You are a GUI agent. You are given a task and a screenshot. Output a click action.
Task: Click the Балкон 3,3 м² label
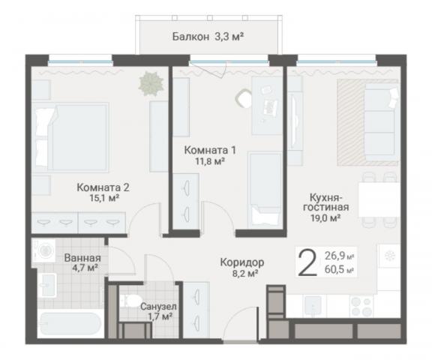[x=208, y=37]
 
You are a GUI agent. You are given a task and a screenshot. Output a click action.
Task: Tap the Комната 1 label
[x=210, y=151]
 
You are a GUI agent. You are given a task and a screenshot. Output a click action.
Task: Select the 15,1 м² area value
[x=104, y=198]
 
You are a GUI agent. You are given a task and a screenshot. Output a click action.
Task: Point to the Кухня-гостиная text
[x=326, y=202]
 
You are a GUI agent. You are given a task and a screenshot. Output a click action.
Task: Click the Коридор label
[x=242, y=262]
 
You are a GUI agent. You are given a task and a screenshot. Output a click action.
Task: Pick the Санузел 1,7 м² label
[x=159, y=311]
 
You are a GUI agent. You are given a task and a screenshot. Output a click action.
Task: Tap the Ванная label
[x=82, y=258]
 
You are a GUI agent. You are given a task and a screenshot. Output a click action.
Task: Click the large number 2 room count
[x=307, y=262]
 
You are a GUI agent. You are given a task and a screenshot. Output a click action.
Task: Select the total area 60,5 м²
[x=339, y=270]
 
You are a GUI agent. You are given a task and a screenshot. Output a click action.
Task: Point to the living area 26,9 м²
[x=339, y=256]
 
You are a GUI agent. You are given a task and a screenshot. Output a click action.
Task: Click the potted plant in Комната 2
[x=151, y=83]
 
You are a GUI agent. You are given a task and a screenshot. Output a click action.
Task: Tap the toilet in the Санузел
[x=130, y=300]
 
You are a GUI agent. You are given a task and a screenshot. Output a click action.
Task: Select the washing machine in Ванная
[x=43, y=250]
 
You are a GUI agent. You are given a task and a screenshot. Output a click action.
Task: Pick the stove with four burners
[x=361, y=306]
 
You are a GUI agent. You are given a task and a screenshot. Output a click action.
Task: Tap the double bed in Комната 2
[x=70, y=137]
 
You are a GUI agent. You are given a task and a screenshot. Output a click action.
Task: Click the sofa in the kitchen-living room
[x=382, y=121]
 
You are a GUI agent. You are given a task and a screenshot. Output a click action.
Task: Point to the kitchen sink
[x=313, y=305]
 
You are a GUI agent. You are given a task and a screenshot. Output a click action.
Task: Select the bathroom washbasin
[x=47, y=285]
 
